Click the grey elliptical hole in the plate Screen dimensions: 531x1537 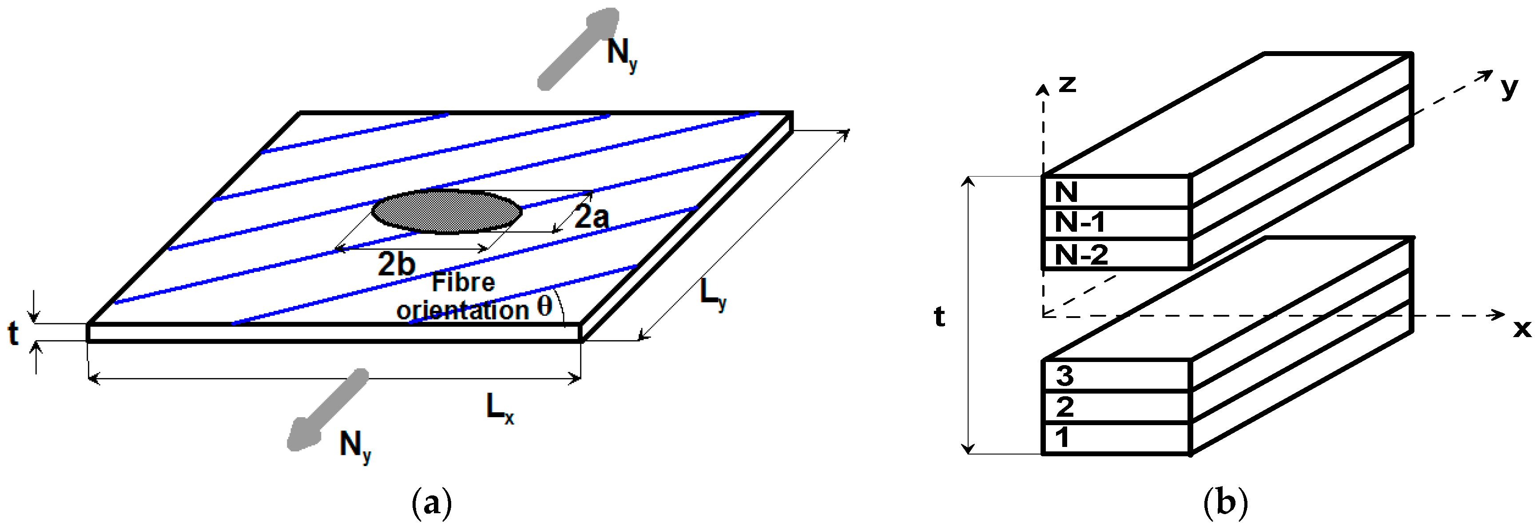[x=447, y=211]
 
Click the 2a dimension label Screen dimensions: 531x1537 [x=591, y=216]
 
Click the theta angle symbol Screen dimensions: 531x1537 [x=544, y=307]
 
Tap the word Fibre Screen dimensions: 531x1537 [x=463, y=282]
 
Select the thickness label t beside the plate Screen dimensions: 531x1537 [x=13, y=333]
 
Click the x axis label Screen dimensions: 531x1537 [x=1522, y=329]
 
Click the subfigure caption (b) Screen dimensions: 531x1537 [x=1226, y=503]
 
